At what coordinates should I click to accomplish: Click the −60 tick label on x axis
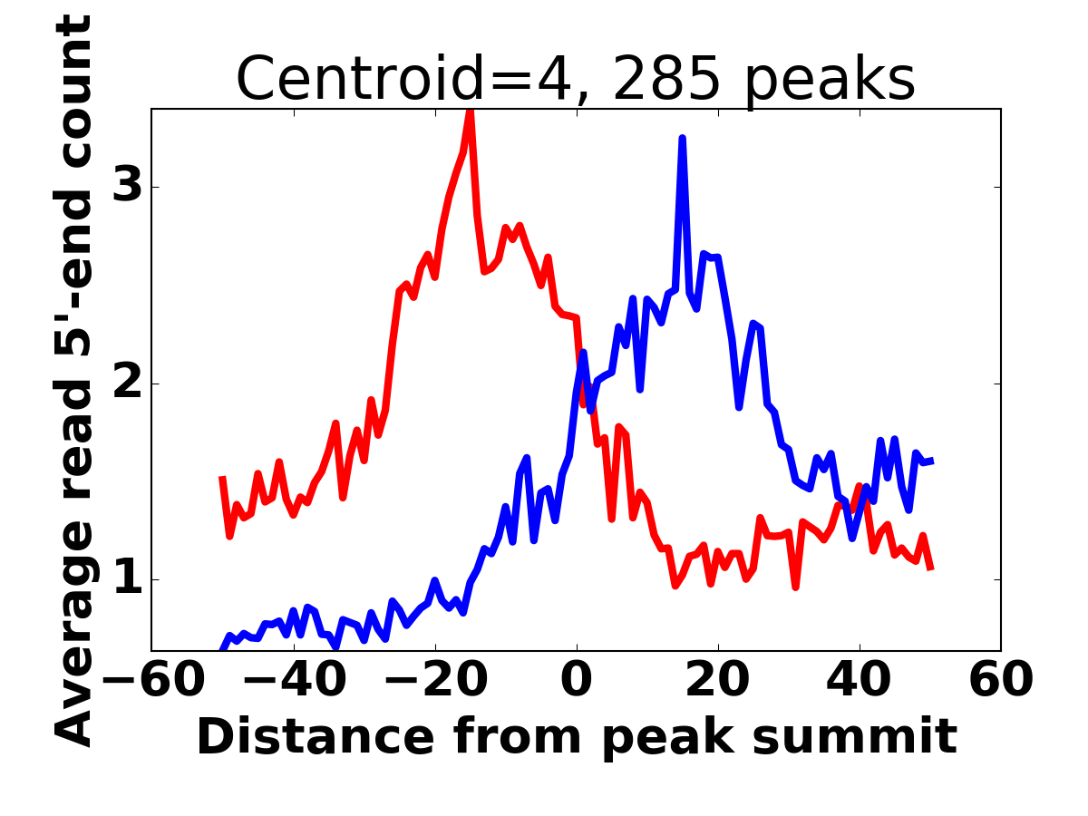151,681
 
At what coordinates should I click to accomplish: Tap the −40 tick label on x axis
293,681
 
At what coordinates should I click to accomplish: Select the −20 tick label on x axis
434,681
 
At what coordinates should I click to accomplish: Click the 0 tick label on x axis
577,681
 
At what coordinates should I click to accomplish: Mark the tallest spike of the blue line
683,139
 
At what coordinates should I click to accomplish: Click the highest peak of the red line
470,112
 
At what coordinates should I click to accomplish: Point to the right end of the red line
931,568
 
